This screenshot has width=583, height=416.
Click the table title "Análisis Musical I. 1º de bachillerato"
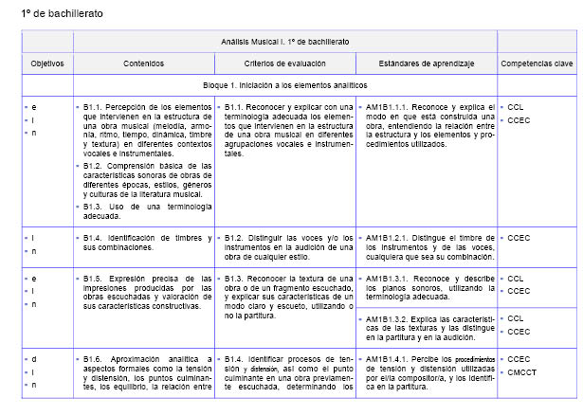click(x=284, y=42)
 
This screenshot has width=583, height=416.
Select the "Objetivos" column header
click(x=46, y=63)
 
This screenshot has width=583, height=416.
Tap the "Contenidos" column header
click(x=143, y=63)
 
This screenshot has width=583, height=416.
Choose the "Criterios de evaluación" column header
click(x=284, y=63)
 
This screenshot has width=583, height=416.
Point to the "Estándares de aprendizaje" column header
click(x=426, y=63)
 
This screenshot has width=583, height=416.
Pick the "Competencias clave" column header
click(x=537, y=63)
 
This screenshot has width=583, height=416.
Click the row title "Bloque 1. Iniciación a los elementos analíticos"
click(x=284, y=84)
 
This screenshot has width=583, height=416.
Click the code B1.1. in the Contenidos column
click(x=96, y=107)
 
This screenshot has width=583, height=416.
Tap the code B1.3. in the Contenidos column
click(x=96, y=207)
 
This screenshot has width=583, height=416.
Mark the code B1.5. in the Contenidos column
click(x=96, y=279)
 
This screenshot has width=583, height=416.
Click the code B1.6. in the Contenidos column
click(x=96, y=359)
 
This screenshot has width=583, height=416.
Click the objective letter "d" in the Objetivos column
click(x=33, y=359)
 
